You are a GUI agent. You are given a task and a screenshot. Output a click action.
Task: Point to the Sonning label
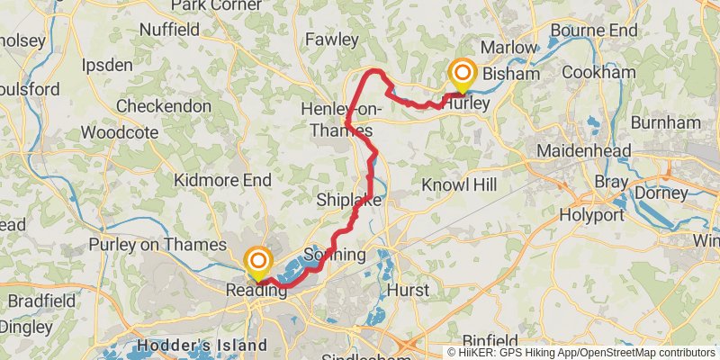point(335,255)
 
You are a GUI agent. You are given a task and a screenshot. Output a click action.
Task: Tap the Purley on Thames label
point(157,244)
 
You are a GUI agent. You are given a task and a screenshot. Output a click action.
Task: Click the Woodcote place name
point(119,132)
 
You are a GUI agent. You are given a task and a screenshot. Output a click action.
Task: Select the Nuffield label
point(169,30)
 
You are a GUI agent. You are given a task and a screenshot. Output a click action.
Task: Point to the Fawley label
point(331,40)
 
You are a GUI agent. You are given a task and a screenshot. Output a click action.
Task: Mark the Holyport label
point(591,215)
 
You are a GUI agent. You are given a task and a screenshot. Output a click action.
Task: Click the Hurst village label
point(407,290)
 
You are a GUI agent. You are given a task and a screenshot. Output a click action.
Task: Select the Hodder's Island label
point(202,345)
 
